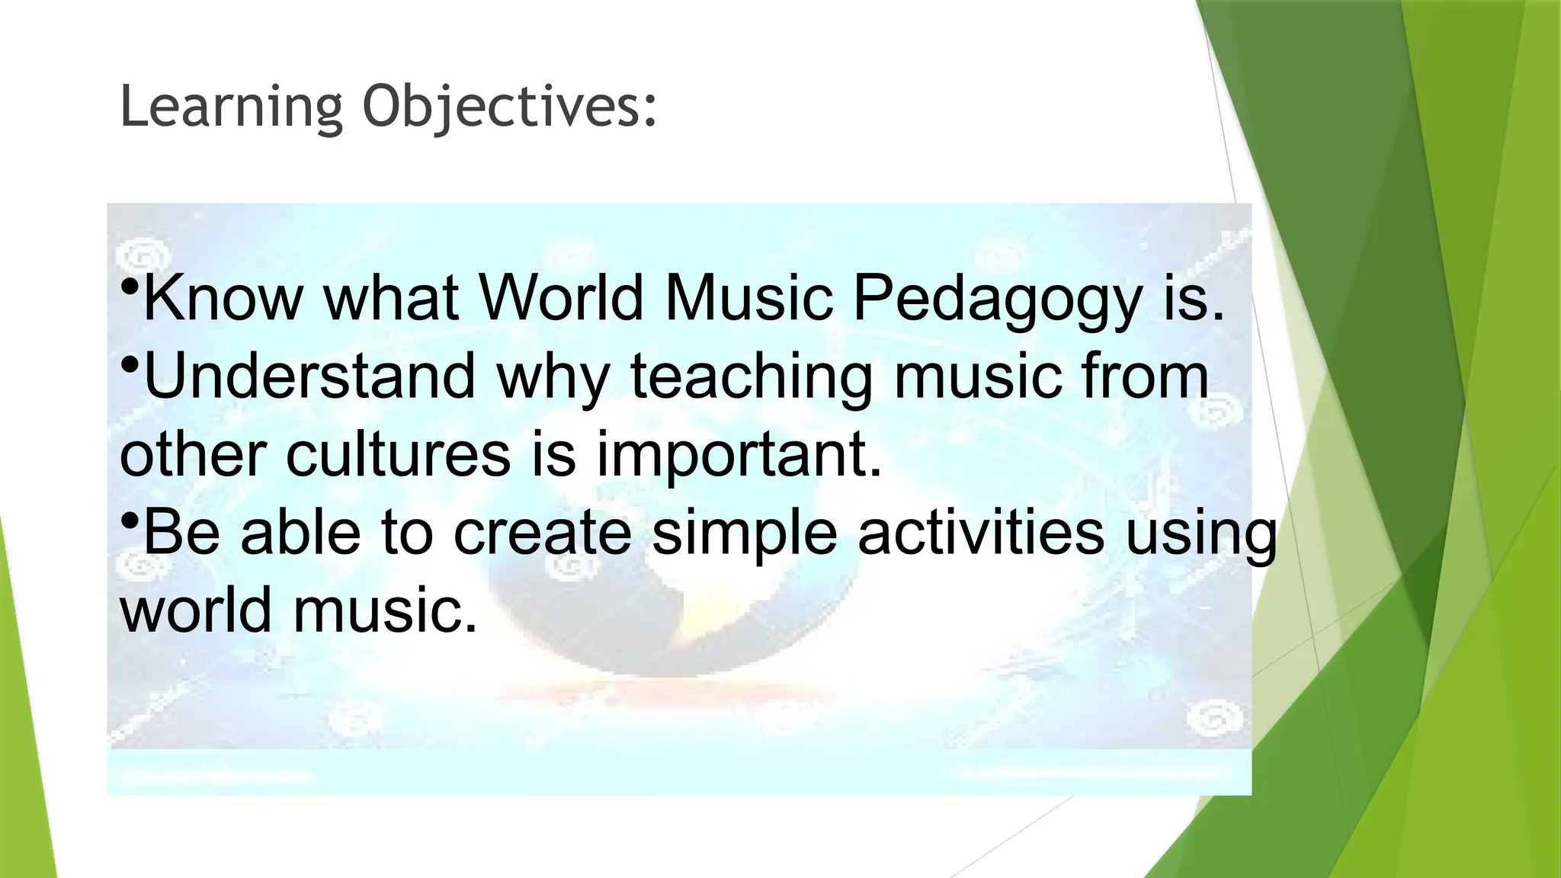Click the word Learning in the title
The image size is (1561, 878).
(x=231, y=107)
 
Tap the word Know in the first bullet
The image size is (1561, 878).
(x=223, y=298)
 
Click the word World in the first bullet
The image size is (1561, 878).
(x=562, y=298)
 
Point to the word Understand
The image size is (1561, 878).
(x=309, y=376)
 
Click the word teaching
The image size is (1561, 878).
(x=752, y=376)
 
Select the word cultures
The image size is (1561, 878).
(x=398, y=454)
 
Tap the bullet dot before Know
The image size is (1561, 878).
(x=130, y=288)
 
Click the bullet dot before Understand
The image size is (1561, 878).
(x=130, y=366)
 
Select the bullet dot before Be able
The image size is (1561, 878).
(x=130, y=522)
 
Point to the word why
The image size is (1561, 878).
(x=553, y=377)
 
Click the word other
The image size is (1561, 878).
(x=193, y=454)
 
